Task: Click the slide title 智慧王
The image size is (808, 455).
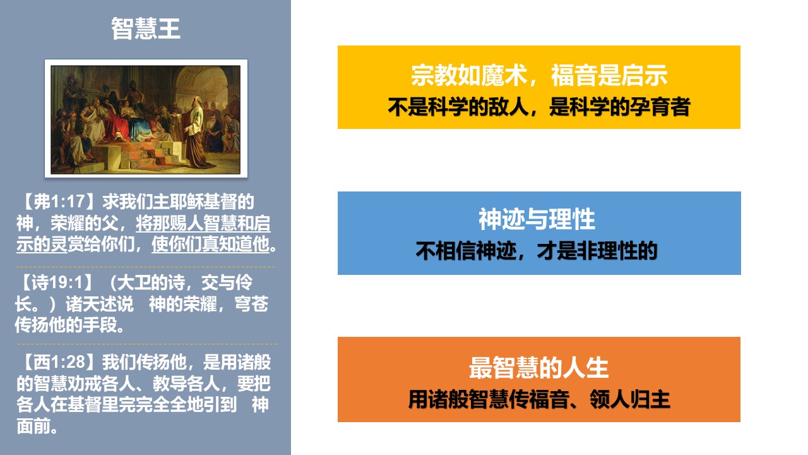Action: [145, 28]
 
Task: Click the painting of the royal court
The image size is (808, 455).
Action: [146, 119]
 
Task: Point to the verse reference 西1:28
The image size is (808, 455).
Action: [60, 362]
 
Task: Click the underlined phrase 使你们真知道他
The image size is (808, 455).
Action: [210, 245]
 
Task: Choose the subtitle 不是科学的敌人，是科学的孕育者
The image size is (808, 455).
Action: [539, 107]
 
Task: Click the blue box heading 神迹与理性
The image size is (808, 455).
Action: [537, 219]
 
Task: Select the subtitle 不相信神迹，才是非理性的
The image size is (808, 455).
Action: [537, 251]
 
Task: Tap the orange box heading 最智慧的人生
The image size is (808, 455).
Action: [539, 368]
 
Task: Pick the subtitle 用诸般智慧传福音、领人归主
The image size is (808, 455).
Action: [539, 399]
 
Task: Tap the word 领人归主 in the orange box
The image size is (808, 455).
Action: [630, 399]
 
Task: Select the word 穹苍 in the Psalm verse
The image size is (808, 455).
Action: [251, 304]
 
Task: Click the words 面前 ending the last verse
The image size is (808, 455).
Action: [33, 426]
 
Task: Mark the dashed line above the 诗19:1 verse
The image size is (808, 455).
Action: [146, 267]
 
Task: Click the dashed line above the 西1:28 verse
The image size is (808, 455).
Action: [147, 344]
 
